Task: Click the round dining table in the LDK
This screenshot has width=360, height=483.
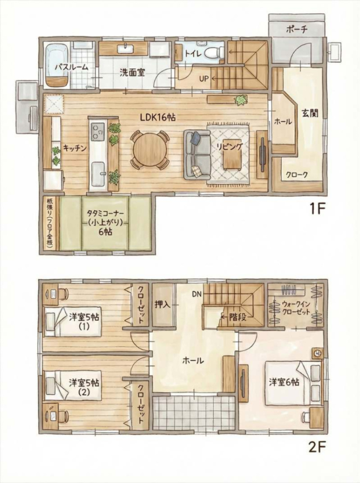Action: click(x=150, y=149)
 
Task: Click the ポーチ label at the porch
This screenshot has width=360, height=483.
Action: click(x=297, y=29)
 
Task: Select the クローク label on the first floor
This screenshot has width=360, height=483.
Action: click(x=296, y=175)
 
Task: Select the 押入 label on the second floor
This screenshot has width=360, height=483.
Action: click(x=162, y=305)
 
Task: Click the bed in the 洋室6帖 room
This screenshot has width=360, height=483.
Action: click(x=293, y=383)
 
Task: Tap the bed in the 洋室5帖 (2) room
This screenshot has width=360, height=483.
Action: click(x=72, y=385)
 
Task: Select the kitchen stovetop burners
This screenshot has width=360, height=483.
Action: click(x=98, y=129)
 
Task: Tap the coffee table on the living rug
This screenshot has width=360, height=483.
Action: click(x=232, y=161)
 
